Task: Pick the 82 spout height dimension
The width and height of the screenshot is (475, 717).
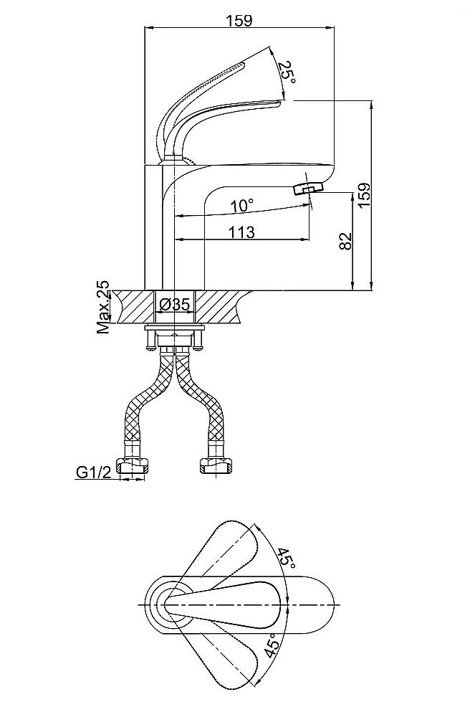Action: [x=346, y=241]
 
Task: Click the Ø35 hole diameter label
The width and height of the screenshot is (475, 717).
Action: [x=176, y=304]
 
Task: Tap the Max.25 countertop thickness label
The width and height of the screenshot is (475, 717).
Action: [x=104, y=307]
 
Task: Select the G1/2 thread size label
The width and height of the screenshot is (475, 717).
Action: [x=93, y=472]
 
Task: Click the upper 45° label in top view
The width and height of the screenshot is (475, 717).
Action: [x=287, y=557]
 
